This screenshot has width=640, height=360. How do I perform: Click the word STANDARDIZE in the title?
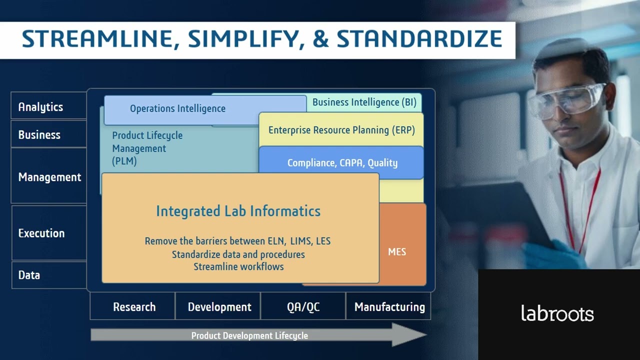pyautogui.click(x=419, y=39)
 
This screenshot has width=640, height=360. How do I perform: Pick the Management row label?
pyautogui.click(x=49, y=177)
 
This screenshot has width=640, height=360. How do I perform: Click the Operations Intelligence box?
pyautogui.click(x=177, y=108)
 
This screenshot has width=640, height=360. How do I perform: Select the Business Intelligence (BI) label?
pyautogui.click(x=364, y=102)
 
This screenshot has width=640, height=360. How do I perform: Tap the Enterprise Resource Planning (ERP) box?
pyautogui.click(x=341, y=130)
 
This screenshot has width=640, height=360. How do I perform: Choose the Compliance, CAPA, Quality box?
pyautogui.click(x=342, y=163)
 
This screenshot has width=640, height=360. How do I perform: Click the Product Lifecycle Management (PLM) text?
pyautogui.click(x=147, y=148)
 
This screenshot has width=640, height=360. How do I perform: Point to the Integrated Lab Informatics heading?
pyautogui.click(x=238, y=211)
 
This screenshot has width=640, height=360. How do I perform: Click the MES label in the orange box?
pyautogui.click(x=397, y=252)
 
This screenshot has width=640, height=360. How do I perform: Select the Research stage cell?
pyautogui.click(x=133, y=307)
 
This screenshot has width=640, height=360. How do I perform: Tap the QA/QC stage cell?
pyautogui.click(x=303, y=307)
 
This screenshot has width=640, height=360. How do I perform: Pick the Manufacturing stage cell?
pyautogui.click(x=389, y=307)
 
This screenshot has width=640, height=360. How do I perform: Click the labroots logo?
pyautogui.click(x=557, y=313)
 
